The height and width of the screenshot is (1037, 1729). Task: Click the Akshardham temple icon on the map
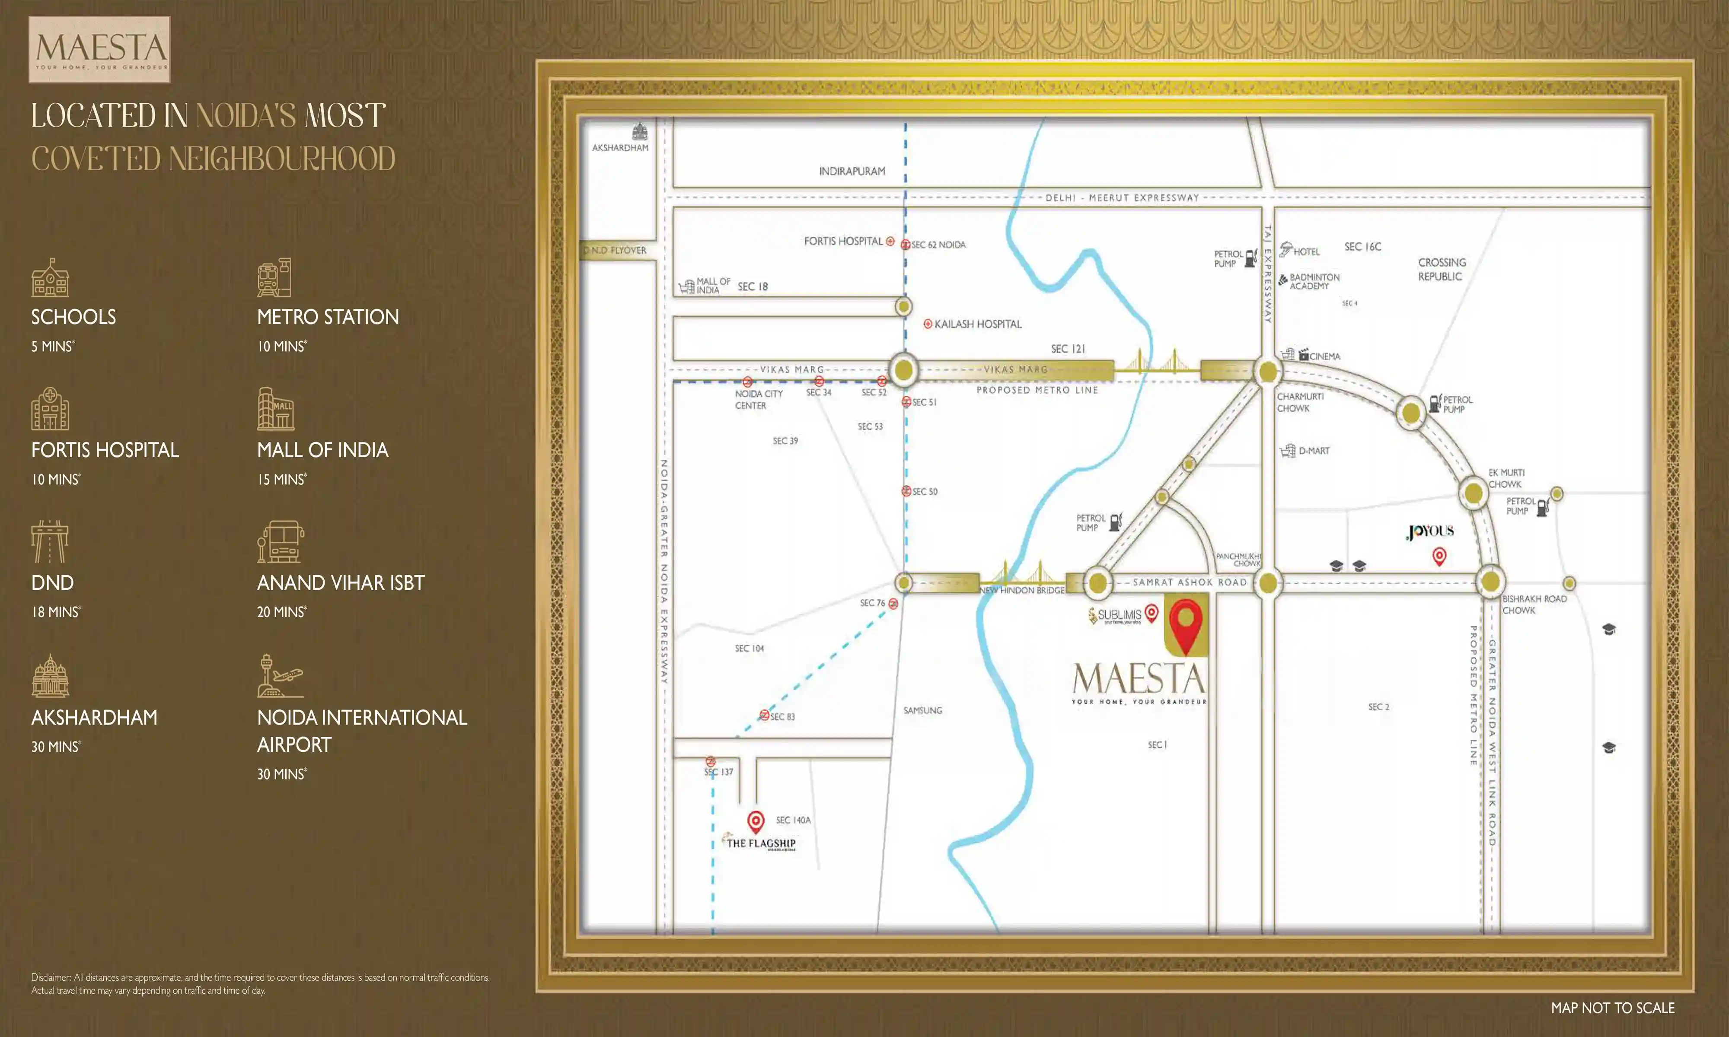pyautogui.click(x=639, y=131)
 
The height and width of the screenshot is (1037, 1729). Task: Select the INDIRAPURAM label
pyautogui.click(x=852, y=171)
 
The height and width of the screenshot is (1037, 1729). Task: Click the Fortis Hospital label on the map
pyautogui.click(x=843, y=241)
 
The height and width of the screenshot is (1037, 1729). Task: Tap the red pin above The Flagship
pyautogui.click(x=756, y=821)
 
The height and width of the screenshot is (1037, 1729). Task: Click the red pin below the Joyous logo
pyautogui.click(x=1439, y=556)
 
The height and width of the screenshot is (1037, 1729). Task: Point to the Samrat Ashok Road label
pyautogui.click(x=1190, y=582)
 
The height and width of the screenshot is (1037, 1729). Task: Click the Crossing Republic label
pyautogui.click(x=1441, y=270)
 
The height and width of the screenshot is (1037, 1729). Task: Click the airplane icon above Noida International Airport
pyautogui.click(x=280, y=676)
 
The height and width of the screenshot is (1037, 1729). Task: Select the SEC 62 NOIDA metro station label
pyautogui.click(x=938, y=245)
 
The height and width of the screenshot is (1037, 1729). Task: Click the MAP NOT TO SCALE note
pyautogui.click(x=1612, y=1008)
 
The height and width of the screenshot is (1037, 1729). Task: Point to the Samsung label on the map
pyautogui.click(x=922, y=711)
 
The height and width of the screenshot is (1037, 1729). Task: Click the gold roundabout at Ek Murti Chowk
pyautogui.click(x=1473, y=493)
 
